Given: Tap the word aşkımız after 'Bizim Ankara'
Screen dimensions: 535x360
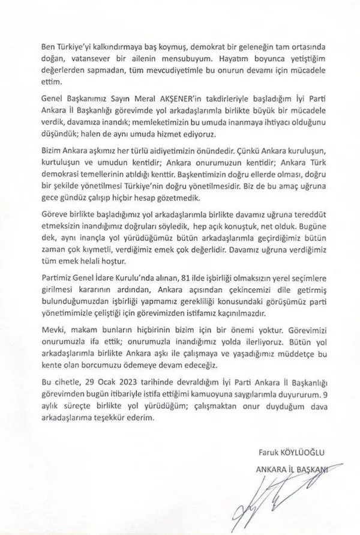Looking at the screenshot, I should [100, 153].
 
